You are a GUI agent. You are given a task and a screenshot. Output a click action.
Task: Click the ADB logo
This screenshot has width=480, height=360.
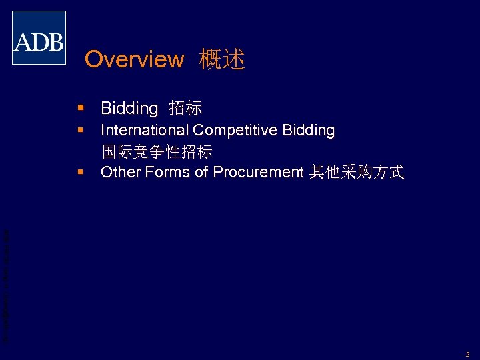[x=39, y=38]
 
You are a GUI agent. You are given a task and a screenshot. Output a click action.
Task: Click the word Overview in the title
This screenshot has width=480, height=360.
[x=134, y=59]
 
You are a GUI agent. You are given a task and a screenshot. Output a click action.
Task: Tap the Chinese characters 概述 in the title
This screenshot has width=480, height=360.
[x=222, y=59]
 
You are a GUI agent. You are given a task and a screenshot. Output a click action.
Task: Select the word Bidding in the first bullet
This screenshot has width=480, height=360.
[x=129, y=108]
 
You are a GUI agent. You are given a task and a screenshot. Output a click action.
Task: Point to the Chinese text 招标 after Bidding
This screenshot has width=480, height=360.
[x=185, y=108]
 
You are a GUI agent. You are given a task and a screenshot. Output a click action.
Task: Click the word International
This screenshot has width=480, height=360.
[x=145, y=130]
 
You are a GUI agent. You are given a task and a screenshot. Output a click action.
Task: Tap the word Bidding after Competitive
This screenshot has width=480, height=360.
[x=309, y=130]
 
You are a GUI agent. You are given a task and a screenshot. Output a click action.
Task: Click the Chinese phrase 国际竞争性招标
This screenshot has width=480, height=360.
[x=157, y=152]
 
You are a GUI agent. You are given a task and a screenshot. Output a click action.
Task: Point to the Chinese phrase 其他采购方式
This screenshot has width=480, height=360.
[x=357, y=172]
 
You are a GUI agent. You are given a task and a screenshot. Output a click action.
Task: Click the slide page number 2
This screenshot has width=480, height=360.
[x=468, y=354]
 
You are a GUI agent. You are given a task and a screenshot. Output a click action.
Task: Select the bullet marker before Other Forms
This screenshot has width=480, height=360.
[x=80, y=172]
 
